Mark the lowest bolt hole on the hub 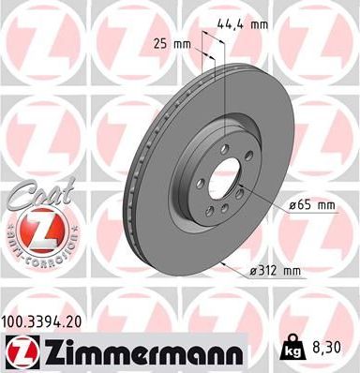[225, 209]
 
